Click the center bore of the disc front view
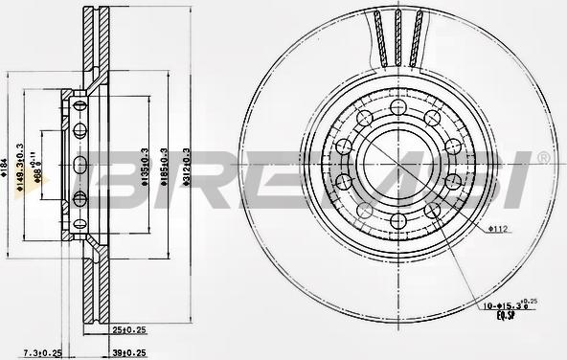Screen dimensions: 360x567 click(397, 162)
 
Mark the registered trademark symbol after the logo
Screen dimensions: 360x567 click(543, 156)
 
